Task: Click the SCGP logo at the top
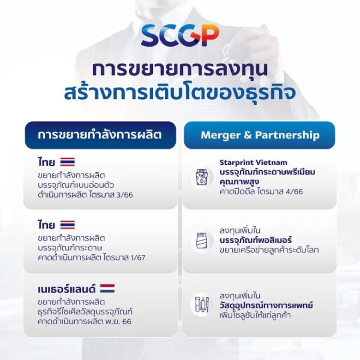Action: click(x=180, y=36)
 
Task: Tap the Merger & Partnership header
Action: click(x=259, y=135)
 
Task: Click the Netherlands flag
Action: click(x=107, y=289)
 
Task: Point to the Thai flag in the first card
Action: click(x=67, y=162)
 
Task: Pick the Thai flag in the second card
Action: click(x=67, y=225)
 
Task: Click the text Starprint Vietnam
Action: click(x=253, y=162)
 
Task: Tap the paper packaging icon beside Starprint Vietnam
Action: click(x=202, y=177)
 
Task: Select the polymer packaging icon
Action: click(x=202, y=241)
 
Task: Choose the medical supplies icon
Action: click(x=202, y=305)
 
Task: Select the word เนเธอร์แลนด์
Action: click(x=67, y=289)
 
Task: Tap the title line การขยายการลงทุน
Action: click(x=180, y=69)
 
